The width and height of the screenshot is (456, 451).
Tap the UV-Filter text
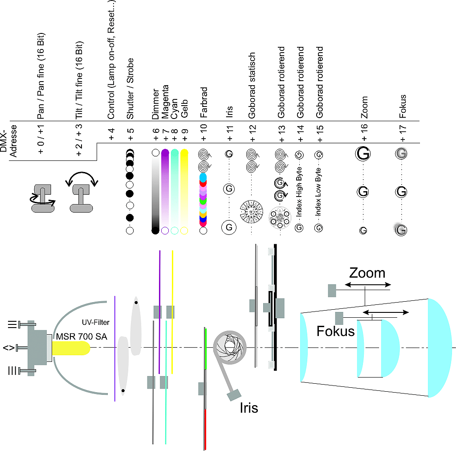pos(96,322)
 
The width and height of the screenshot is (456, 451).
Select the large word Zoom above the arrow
pos(367,272)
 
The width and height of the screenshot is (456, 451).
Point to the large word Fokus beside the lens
pos(335,331)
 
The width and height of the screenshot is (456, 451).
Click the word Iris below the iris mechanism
pos(248,407)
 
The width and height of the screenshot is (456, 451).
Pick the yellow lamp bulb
pos(71,348)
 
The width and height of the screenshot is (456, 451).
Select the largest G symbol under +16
pos(363,154)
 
